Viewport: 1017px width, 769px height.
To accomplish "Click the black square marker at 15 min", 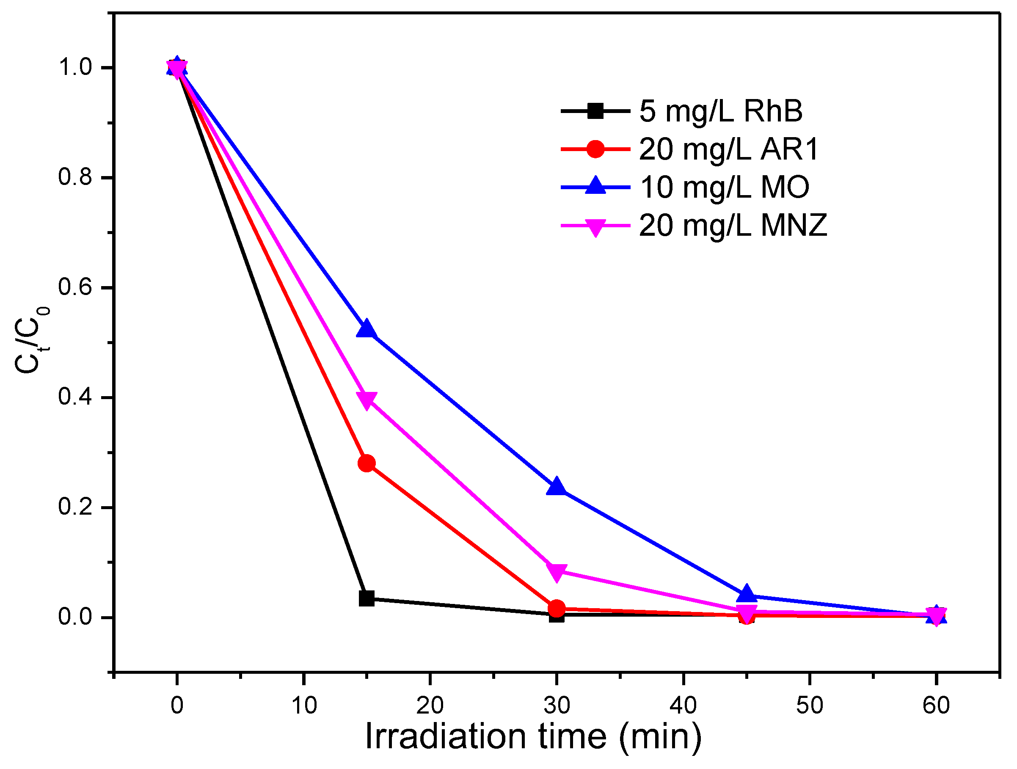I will (x=367, y=598).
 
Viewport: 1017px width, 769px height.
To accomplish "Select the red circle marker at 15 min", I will (x=367, y=463).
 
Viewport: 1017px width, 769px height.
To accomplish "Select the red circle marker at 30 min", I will (x=556, y=609).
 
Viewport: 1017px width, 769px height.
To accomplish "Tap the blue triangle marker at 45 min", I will (x=747, y=594).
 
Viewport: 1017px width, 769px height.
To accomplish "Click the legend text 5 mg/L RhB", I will (x=721, y=111).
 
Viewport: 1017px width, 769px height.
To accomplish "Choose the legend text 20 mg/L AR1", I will (x=729, y=149).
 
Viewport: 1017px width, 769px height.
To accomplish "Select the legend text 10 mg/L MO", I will (x=724, y=187).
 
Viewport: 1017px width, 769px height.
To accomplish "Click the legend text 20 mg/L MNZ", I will (x=733, y=226).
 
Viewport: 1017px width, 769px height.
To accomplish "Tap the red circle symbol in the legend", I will (x=595, y=149).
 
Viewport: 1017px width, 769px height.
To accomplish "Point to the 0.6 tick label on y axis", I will (x=75, y=287).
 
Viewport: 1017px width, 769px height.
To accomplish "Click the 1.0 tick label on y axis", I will (x=75, y=68).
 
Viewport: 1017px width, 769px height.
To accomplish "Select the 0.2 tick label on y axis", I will (x=75, y=507).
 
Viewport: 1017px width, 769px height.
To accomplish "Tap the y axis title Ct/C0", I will (x=31, y=340).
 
